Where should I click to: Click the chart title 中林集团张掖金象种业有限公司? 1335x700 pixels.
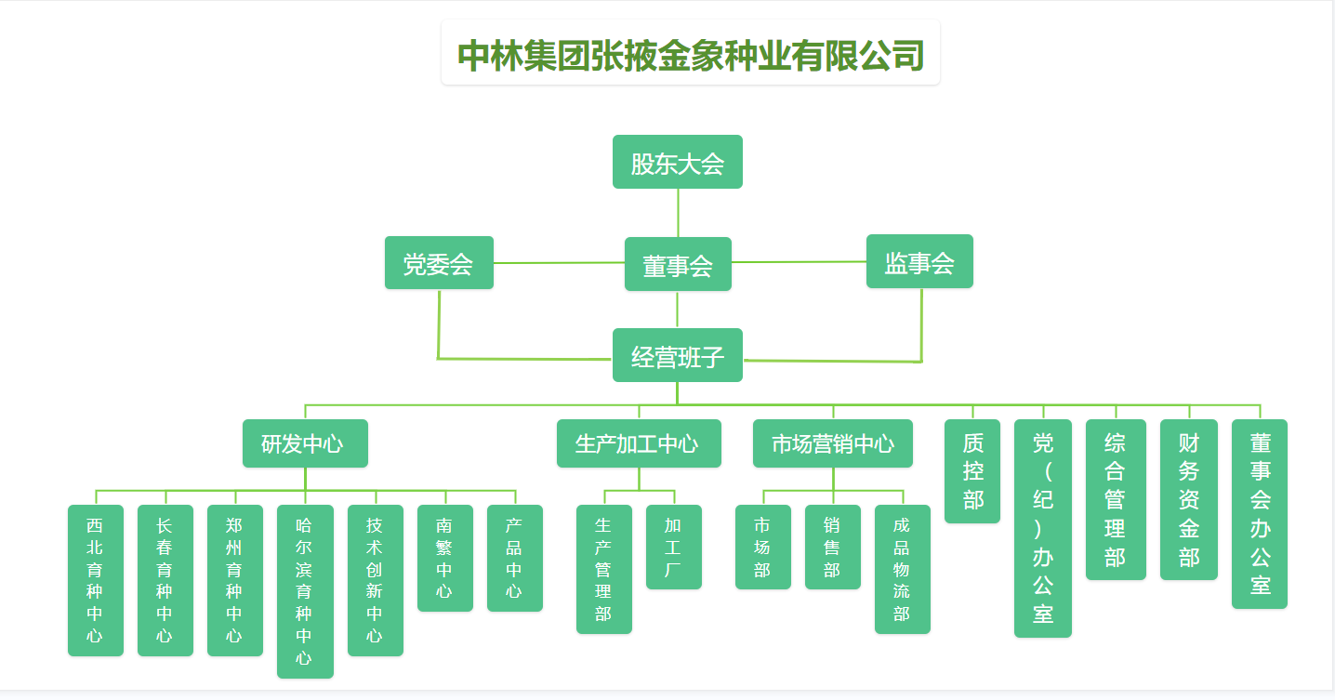point(691,55)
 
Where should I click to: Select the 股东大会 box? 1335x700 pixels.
point(677,163)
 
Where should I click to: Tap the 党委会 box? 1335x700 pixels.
point(439,263)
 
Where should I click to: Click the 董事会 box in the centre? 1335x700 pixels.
point(678,265)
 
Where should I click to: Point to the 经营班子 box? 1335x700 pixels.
point(677,355)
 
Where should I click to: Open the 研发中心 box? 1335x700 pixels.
point(305,443)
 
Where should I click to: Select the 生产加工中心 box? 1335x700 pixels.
point(639,443)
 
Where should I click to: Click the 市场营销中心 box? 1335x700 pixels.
point(832,443)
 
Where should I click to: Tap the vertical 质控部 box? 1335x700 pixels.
point(972,471)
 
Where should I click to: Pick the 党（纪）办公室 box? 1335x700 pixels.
point(1043,528)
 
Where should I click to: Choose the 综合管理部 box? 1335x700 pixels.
point(1116,499)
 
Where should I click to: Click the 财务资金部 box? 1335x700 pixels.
point(1189,499)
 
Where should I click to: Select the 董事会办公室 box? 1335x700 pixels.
point(1260,514)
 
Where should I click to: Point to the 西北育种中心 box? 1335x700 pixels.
point(96,580)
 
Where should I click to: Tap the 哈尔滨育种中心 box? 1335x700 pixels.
point(305,591)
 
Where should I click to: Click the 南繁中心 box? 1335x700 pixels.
point(445,558)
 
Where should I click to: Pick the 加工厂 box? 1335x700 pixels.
point(674,547)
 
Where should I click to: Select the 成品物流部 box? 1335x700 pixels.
point(903,569)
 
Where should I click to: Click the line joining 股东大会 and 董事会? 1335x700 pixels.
point(678,213)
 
